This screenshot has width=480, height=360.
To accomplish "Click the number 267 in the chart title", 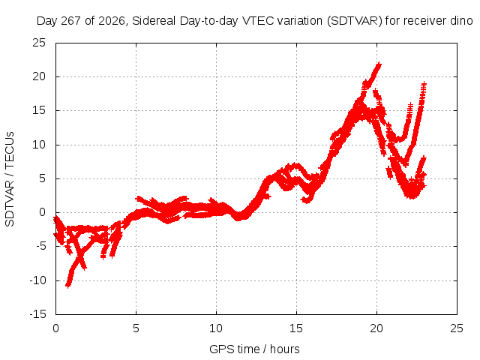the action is (x=71, y=21).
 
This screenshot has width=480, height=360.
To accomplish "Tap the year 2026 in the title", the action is (x=112, y=21).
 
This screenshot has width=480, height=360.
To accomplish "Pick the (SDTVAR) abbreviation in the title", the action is (x=355, y=21).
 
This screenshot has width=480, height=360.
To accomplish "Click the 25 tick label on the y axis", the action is (x=39, y=43).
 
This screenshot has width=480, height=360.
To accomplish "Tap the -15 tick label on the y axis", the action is (x=38, y=314).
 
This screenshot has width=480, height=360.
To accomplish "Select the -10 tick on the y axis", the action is (x=38, y=280).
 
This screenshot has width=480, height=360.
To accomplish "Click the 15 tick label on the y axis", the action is (x=39, y=110).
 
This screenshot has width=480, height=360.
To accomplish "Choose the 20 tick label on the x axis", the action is (x=376, y=328).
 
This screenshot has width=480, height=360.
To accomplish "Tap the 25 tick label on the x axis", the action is (x=457, y=328).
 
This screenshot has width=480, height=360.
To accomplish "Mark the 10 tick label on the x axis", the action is (x=216, y=328).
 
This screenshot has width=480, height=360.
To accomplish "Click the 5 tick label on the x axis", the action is (x=136, y=328).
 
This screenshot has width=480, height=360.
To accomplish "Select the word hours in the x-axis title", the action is (x=285, y=349).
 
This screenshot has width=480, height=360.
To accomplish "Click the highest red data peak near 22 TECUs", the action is (x=379, y=64).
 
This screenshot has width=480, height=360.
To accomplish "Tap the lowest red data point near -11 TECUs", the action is (x=68, y=286).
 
